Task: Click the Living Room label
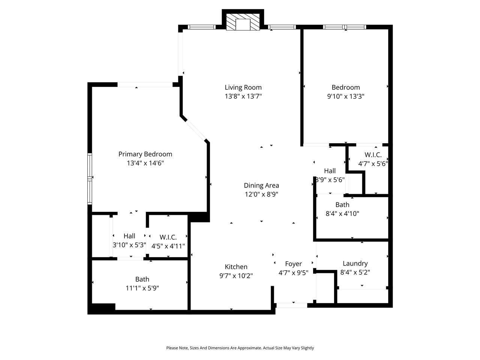243,87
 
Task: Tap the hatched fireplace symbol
243,22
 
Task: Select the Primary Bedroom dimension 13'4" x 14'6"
145,163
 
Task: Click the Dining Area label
261,185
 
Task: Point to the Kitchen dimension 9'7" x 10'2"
236,276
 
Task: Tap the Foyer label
293,264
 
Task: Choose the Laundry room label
355,263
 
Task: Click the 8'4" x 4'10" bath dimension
342,214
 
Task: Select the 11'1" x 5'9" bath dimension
142,288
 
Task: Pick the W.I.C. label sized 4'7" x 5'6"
373,154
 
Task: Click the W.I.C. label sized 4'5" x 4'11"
168,237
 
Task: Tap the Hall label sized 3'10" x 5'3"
129,236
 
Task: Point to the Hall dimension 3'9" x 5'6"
330,180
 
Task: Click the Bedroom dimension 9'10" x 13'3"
345,96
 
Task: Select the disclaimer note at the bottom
240,348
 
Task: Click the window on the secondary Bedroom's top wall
344,27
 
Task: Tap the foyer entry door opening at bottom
291,305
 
